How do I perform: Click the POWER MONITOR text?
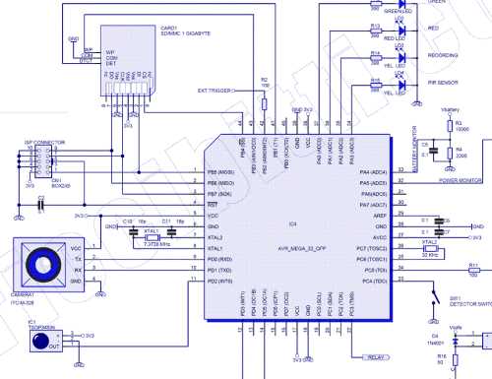click(x=461, y=181)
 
